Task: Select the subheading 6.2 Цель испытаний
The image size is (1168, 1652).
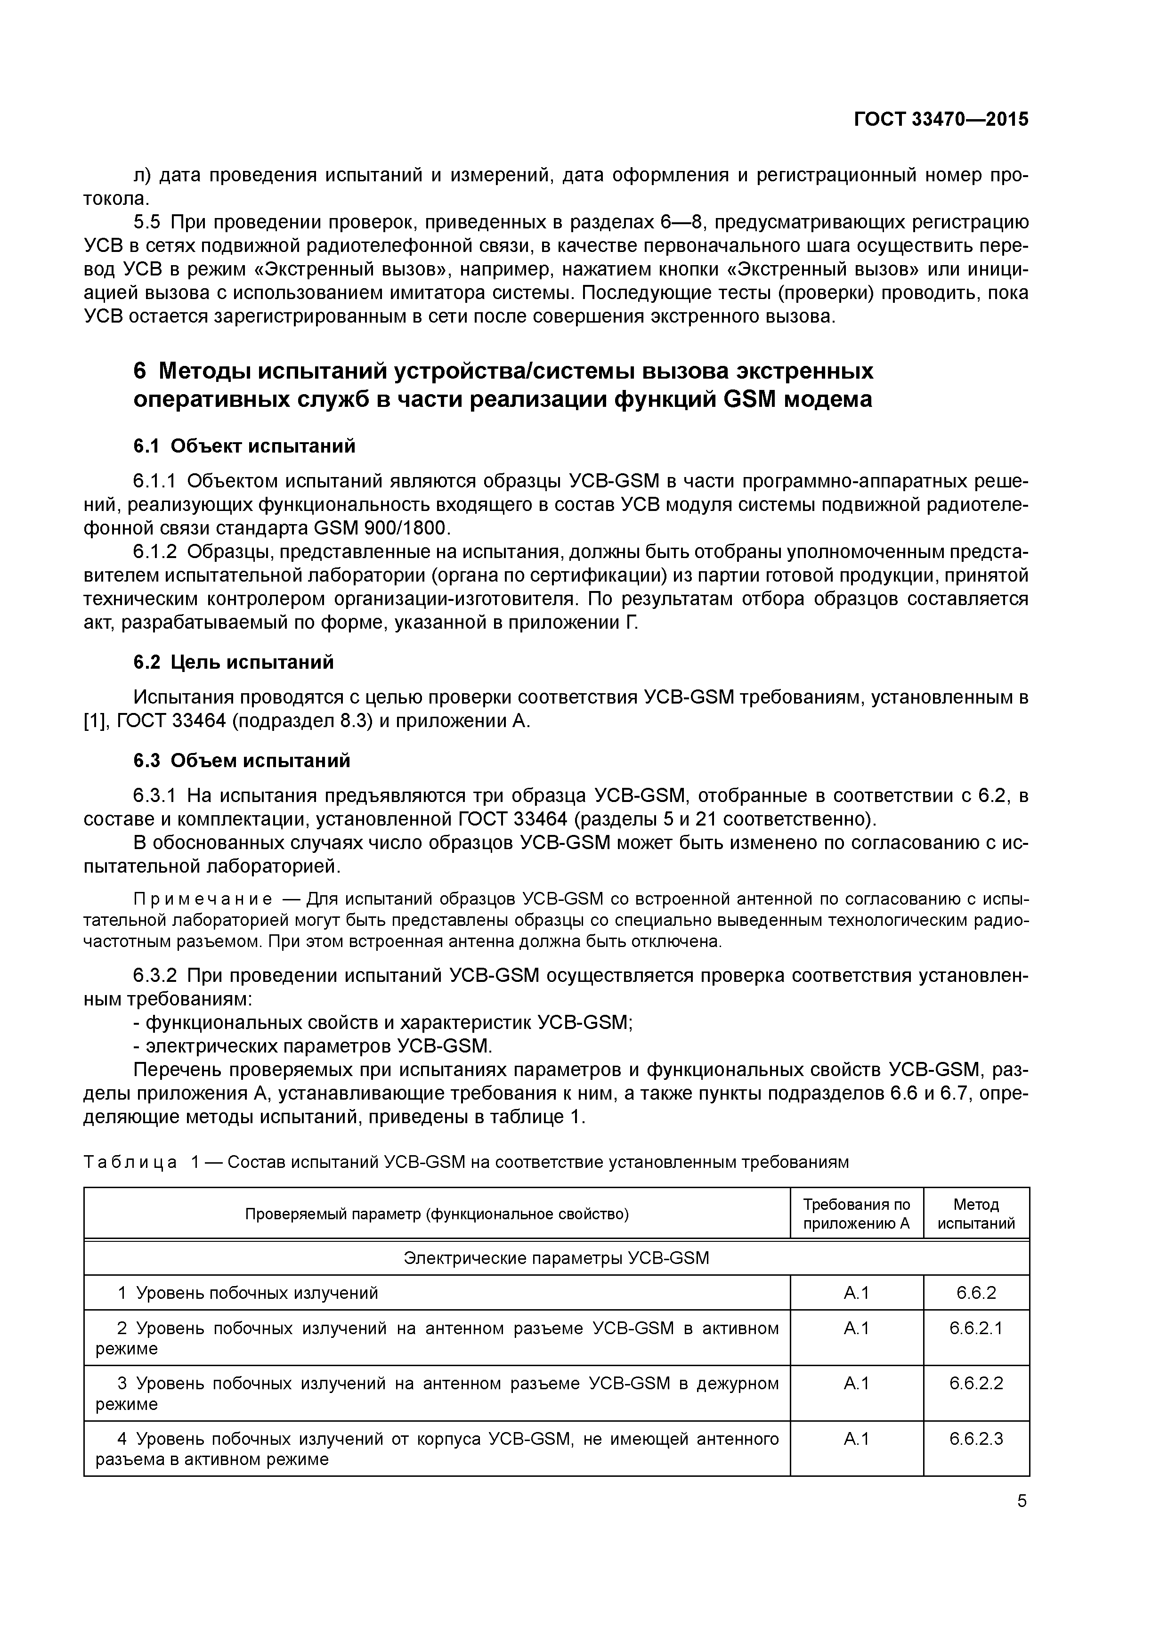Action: (x=234, y=662)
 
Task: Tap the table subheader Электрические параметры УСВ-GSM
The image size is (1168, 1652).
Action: (x=556, y=1258)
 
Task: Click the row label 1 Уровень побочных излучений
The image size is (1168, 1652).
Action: (x=248, y=1293)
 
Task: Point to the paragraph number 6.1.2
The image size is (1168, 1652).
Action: (x=155, y=552)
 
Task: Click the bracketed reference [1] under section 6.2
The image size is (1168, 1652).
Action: (x=94, y=721)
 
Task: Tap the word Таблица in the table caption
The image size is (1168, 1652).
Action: (x=130, y=1162)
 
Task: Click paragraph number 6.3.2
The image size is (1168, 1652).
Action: (x=155, y=976)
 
